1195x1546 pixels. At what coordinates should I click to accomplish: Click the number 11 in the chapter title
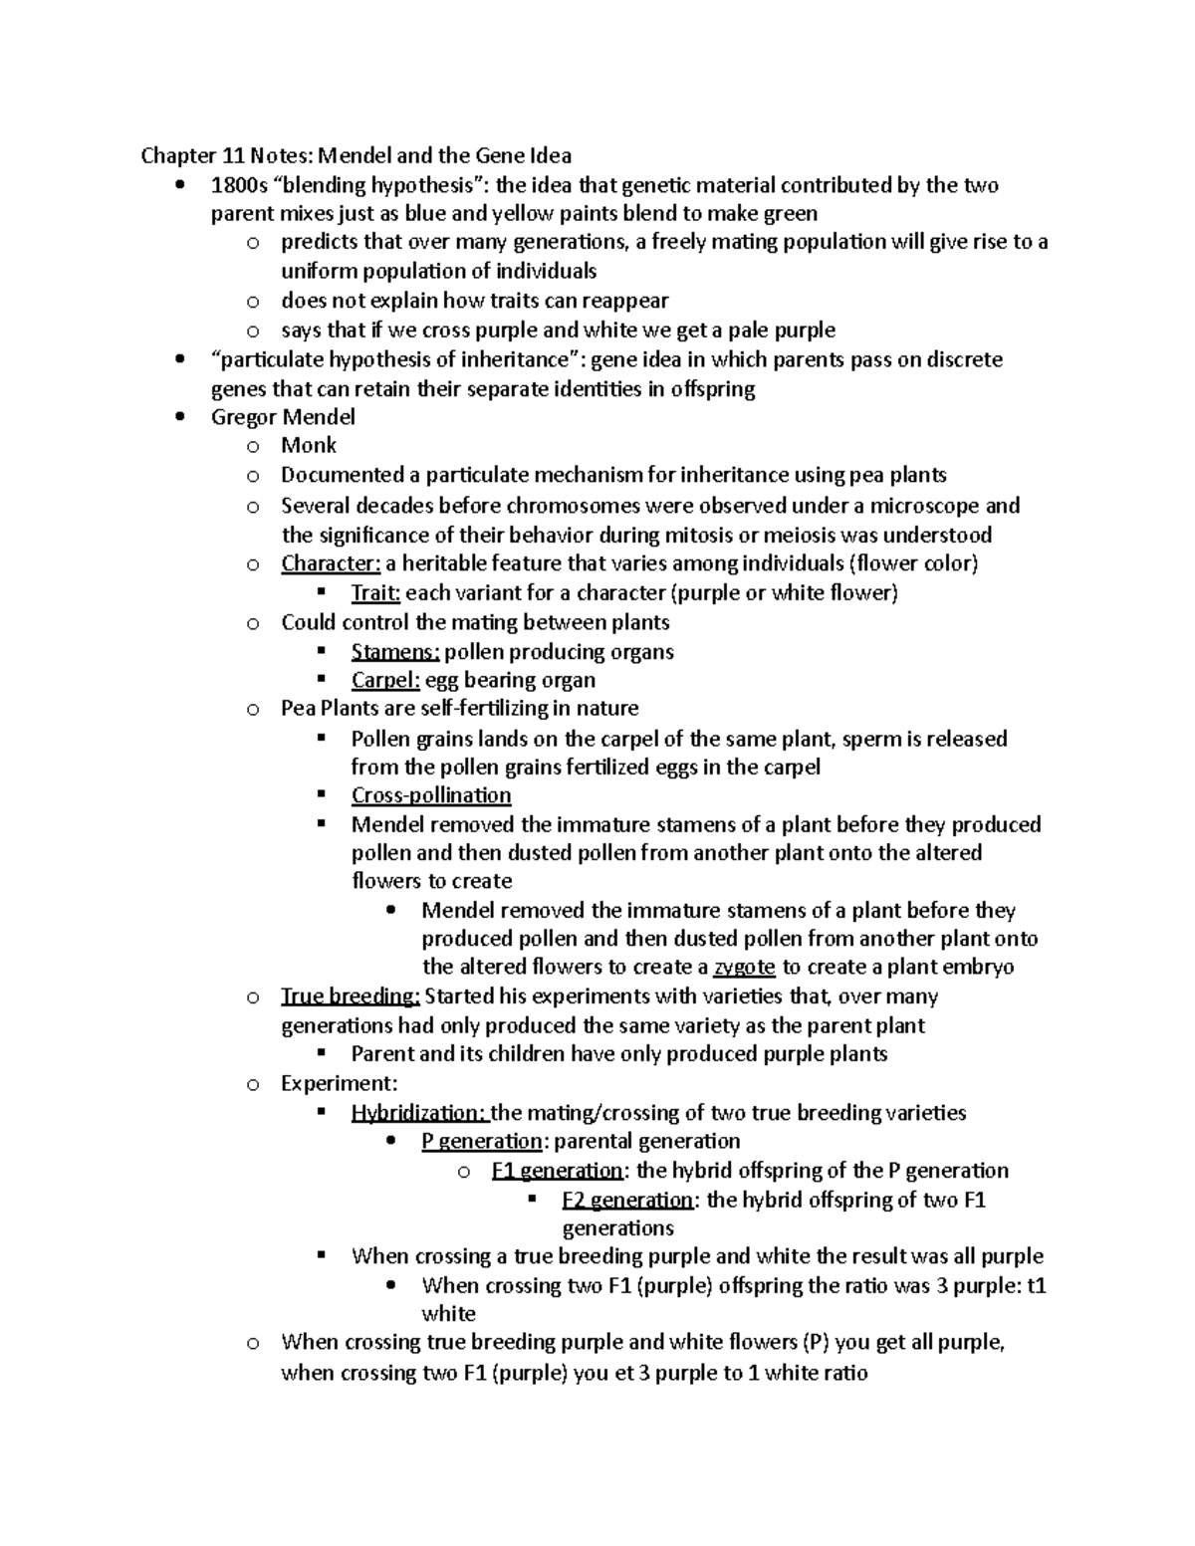(233, 155)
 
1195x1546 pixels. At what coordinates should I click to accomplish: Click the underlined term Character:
(331, 563)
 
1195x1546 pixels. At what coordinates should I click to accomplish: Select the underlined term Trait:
(375, 593)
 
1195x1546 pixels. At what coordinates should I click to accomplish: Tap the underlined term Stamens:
(395, 652)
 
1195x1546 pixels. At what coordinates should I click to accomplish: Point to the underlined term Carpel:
(385, 680)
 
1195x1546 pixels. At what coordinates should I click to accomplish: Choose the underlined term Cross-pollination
(431, 795)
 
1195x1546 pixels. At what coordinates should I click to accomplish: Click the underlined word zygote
(745, 967)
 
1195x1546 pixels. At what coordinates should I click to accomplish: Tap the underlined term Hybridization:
(421, 1112)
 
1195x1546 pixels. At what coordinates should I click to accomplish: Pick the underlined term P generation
(482, 1141)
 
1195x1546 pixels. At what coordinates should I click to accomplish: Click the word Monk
(309, 445)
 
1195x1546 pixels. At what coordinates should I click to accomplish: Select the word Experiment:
(339, 1083)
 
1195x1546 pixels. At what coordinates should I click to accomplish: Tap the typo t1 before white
(1037, 1285)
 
